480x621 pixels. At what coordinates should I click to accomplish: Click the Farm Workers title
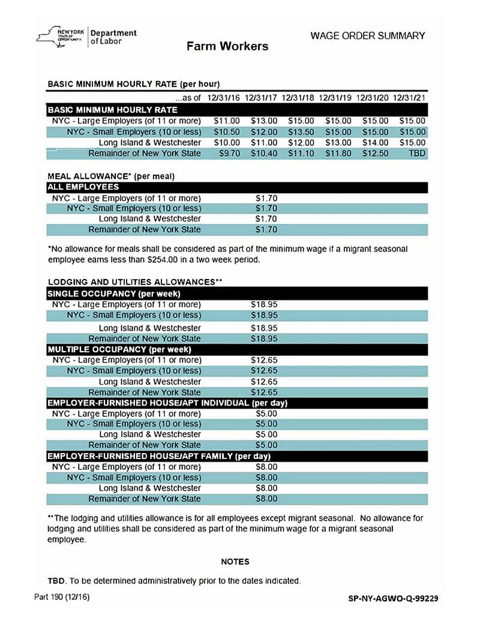(x=227, y=46)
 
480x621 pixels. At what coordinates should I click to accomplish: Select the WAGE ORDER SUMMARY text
(x=367, y=36)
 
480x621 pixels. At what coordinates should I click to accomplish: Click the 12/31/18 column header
(x=298, y=97)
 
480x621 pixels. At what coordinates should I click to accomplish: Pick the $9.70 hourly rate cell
(x=227, y=154)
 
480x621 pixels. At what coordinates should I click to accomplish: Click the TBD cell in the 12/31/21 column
(x=416, y=154)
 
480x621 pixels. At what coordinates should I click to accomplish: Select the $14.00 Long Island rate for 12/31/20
(x=375, y=143)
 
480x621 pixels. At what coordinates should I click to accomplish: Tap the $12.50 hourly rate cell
(x=375, y=154)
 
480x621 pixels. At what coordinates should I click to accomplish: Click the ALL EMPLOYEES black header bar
(x=237, y=187)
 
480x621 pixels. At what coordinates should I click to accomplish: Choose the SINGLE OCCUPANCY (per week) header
(x=114, y=294)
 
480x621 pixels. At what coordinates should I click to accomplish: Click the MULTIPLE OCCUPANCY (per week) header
(x=119, y=349)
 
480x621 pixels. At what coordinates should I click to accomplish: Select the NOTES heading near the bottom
(x=235, y=562)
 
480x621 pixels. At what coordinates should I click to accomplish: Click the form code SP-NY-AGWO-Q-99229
(x=393, y=598)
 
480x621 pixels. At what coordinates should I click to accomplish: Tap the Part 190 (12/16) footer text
(x=62, y=598)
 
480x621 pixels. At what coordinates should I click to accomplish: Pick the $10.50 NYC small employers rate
(x=227, y=132)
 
